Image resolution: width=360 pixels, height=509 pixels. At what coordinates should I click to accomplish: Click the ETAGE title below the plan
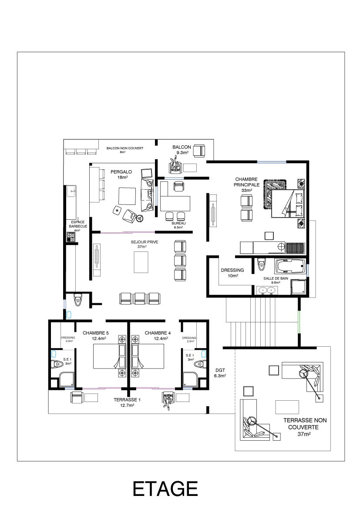165,489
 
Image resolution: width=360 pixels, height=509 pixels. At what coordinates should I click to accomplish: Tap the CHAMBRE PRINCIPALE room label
247,182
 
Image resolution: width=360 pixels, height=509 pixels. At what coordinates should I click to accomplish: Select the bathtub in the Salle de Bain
290,267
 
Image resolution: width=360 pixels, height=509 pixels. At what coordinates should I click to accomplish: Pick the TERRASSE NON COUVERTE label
305,424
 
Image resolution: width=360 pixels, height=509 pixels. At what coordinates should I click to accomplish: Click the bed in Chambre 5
110,356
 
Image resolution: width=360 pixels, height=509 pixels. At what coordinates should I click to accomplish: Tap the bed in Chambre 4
148,356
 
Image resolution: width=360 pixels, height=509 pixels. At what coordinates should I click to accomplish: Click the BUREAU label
179,223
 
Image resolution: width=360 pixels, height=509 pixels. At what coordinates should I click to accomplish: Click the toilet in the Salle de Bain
262,264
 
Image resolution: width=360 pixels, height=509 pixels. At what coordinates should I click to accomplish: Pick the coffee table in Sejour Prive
141,262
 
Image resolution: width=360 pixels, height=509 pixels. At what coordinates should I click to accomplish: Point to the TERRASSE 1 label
128,400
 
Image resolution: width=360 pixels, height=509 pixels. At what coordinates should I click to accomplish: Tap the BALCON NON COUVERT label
125,148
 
